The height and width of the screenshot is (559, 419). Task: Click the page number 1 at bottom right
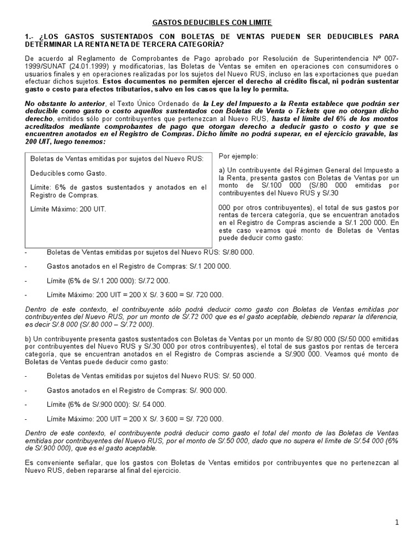[398, 522]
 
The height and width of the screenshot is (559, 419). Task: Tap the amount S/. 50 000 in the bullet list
[237, 376]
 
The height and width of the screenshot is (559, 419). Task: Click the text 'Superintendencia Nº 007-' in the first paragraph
[360, 58]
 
